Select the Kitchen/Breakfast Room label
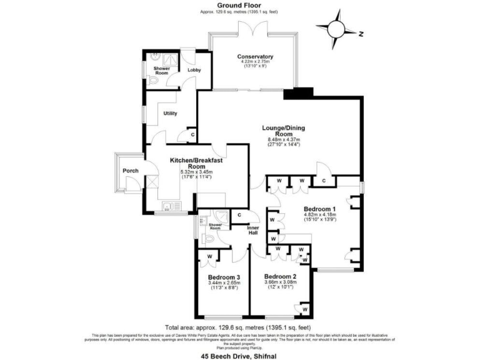(197, 164)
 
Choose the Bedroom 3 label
(224, 277)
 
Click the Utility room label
(171, 113)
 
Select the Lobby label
(194, 70)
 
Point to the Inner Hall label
(252, 231)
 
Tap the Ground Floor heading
(239, 5)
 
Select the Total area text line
(238, 327)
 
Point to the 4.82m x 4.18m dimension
(319, 214)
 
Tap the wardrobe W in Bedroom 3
(211, 256)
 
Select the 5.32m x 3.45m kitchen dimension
(197, 172)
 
